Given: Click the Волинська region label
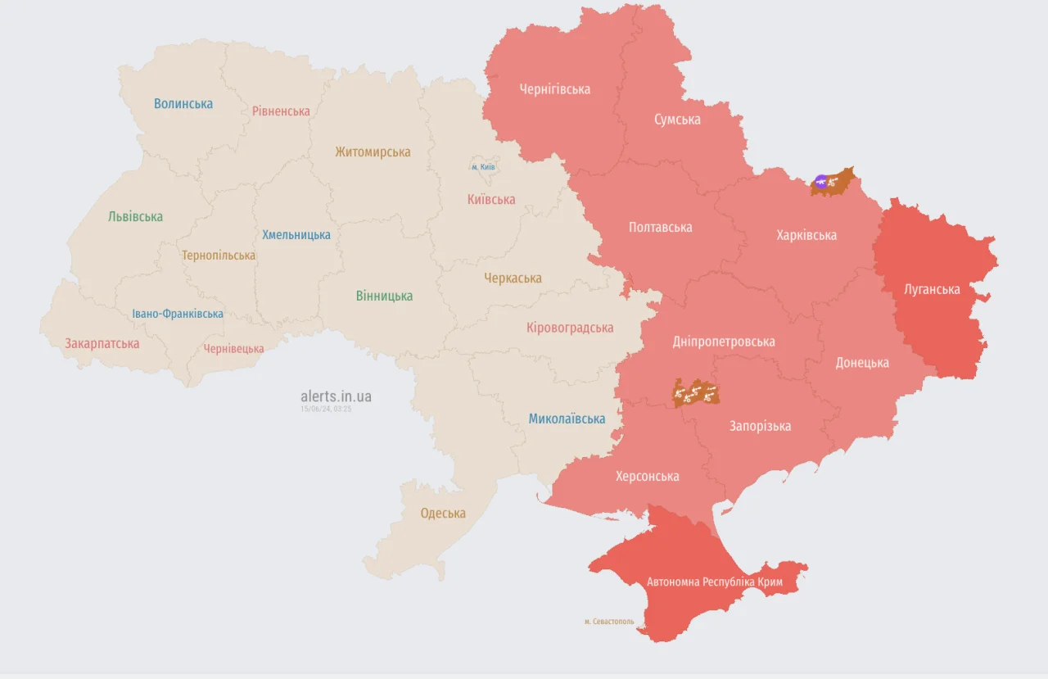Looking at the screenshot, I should [183, 104].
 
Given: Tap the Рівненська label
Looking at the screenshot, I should [281, 111].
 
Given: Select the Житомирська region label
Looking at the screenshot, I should [373, 152].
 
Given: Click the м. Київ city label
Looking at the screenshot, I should [483, 167].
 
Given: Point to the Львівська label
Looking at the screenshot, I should [135, 217].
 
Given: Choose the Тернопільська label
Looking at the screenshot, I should [219, 256].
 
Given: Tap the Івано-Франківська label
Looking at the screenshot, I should [178, 314].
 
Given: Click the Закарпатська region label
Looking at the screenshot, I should [102, 344].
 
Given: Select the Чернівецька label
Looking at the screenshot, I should [233, 349].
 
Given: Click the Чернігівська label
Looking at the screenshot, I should [554, 89].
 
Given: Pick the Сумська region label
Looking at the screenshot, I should [677, 120].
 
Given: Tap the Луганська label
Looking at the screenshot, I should [932, 289].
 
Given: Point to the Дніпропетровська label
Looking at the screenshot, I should [723, 342].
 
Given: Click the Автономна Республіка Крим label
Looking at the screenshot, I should [715, 582].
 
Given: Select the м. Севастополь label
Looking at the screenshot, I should [609, 622].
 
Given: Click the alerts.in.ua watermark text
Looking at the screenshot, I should [336, 396].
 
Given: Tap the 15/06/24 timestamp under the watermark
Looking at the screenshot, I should [326, 409].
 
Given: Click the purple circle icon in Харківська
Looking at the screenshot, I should [821, 181].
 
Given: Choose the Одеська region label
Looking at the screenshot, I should [443, 514].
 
